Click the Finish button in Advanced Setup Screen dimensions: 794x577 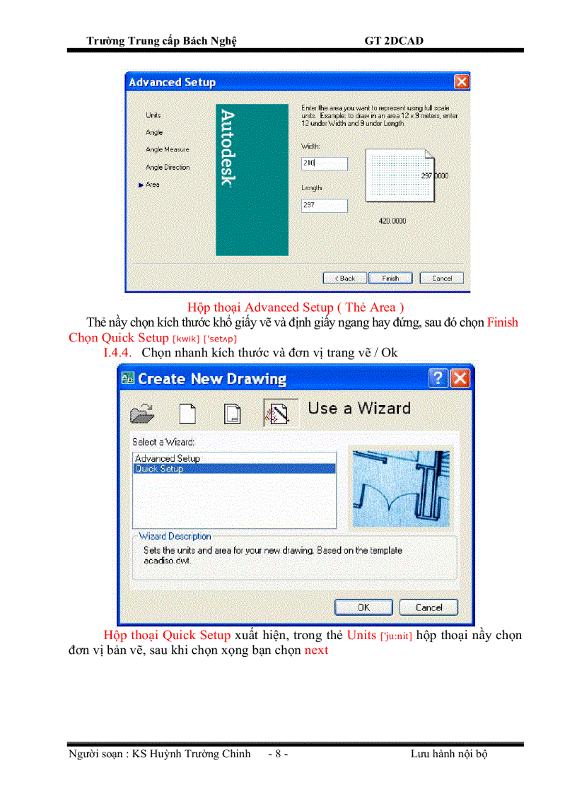(x=391, y=278)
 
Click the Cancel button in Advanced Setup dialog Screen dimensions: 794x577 (x=441, y=278)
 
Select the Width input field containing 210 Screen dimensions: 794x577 (x=325, y=163)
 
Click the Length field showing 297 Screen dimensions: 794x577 (x=325, y=206)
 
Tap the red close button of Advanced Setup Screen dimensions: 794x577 (x=461, y=82)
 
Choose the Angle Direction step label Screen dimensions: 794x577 (x=168, y=168)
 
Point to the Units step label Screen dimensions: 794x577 (x=153, y=115)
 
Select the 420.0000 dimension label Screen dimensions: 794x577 (x=393, y=221)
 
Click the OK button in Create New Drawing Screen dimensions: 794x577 (x=363, y=607)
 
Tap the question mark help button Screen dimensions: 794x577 (x=438, y=378)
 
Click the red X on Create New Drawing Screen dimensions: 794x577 (x=460, y=378)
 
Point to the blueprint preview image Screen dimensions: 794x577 (x=401, y=489)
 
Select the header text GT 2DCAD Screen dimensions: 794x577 (x=394, y=40)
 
